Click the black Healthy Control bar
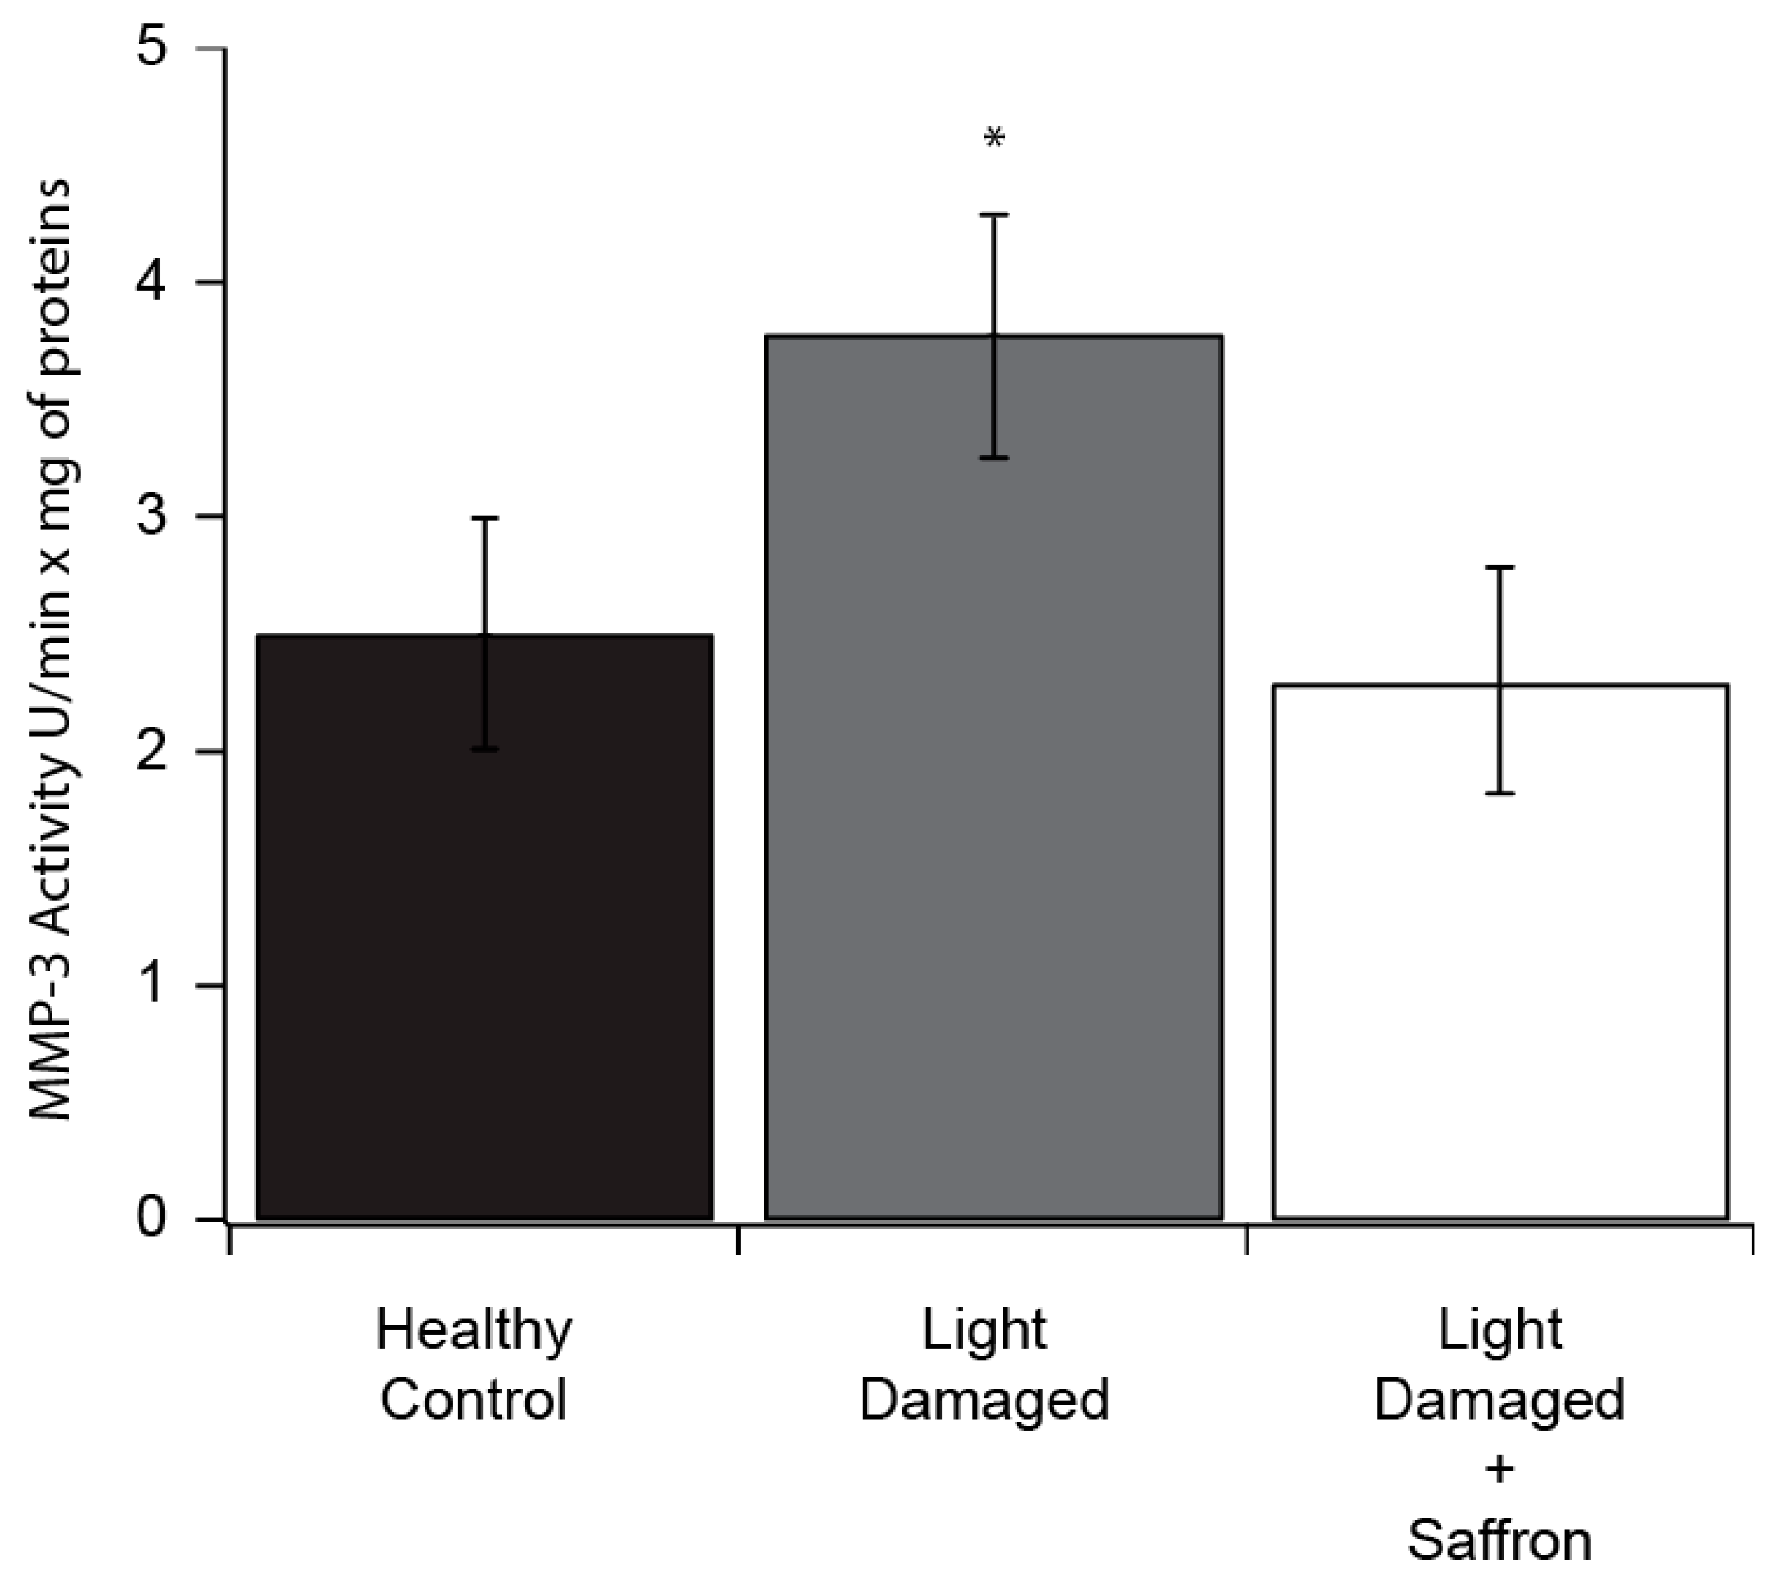(x=485, y=959)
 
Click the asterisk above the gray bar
(x=994, y=139)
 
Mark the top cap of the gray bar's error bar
(x=994, y=215)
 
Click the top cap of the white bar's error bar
(x=1500, y=568)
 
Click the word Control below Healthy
(x=474, y=1401)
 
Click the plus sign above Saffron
(x=1500, y=1471)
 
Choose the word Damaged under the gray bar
(x=984, y=1401)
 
